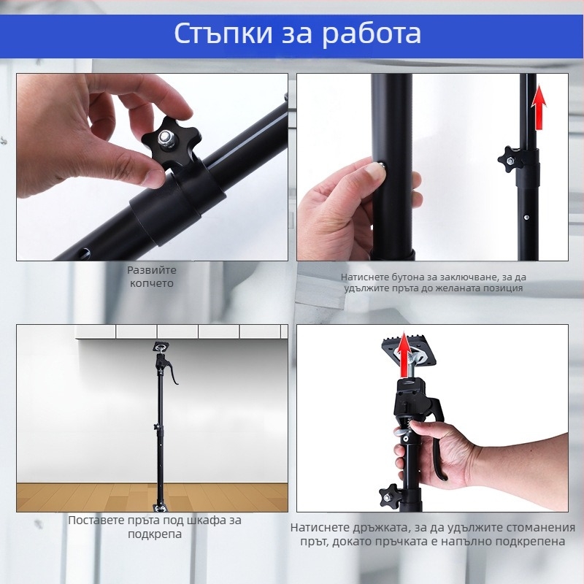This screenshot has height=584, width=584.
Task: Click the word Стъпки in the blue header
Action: [x=223, y=34]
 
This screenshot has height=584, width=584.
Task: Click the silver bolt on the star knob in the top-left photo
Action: [x=164, y=138]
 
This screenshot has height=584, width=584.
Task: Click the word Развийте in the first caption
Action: [x=152, y=270]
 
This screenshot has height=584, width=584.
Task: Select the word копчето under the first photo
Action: [x=152, y=283]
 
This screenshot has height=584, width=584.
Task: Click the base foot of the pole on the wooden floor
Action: [x=161, y=508]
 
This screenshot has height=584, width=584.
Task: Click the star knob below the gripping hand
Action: [x=391, y=495]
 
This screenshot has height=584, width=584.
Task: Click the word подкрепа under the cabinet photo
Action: [x=155, y=534]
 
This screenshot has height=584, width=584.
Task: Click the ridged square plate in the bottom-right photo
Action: [x=409, y=352]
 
